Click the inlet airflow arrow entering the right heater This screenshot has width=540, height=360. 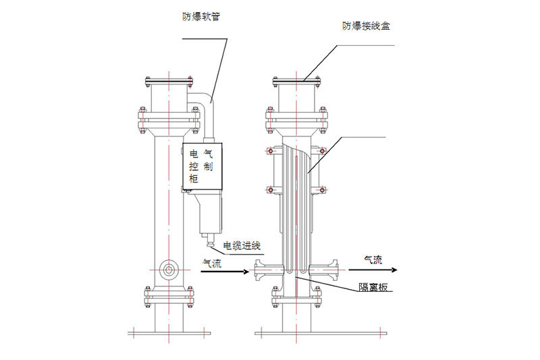[223, 272]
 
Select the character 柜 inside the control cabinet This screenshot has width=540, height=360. [194, 180]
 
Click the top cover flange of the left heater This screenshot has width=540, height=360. [169, 83]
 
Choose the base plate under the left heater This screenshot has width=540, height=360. [169, 333]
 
